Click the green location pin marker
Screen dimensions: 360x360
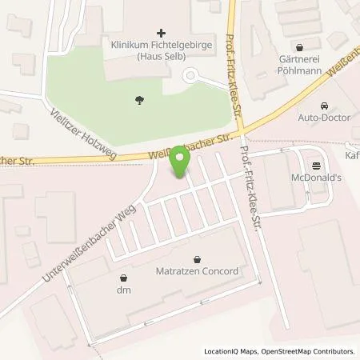[x=180, y=162]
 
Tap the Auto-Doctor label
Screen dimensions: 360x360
[x=324, y=118]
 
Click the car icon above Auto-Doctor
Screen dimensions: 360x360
[x=324, y=106]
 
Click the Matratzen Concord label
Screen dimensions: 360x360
[x=196, y=271]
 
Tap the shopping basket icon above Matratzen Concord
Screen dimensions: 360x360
[x=197, y=258]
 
